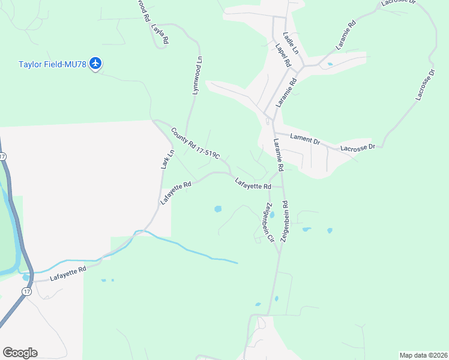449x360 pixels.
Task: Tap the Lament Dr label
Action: coord(305,139)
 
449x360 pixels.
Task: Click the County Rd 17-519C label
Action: coord(195,143)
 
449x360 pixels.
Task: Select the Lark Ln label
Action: coord(167,158)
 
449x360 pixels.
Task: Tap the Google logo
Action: coord(20,353)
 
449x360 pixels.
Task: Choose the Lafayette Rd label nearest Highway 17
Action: coord(68,274)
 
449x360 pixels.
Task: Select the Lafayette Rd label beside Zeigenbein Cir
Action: coord(253,185)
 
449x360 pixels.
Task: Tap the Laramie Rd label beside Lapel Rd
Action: coord(287,92)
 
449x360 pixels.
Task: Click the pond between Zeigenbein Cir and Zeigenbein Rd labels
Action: coord(272,214)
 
